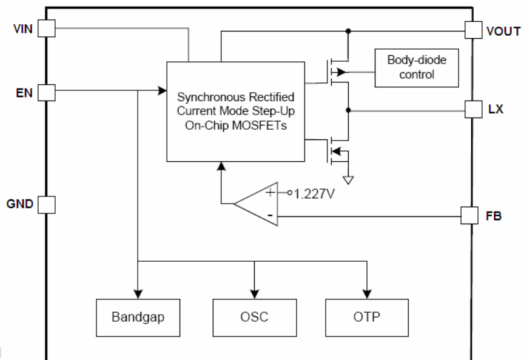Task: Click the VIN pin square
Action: click(46, 28)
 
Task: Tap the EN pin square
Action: click(46, 92)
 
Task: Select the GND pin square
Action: click(46, 204)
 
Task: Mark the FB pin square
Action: click(470, 215)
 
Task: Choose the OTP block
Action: click(367, 318)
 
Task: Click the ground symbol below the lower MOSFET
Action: click(348, 179)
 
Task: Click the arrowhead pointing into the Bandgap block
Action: click(138, 291)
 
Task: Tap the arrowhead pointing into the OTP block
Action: click(367, 291)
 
